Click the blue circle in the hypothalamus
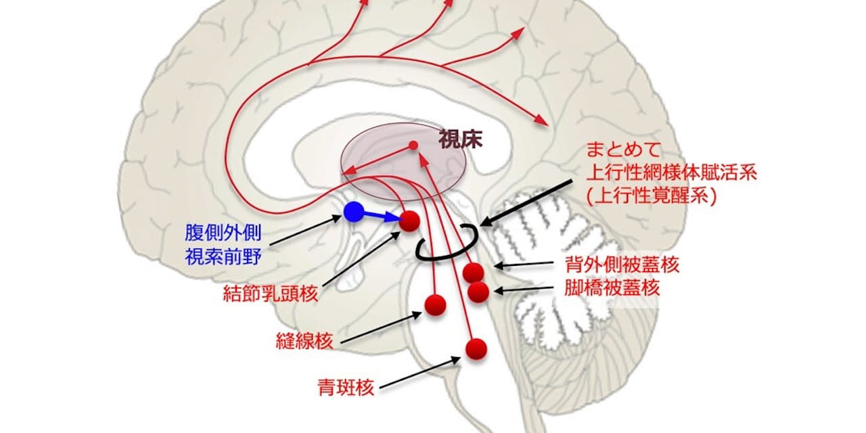353,212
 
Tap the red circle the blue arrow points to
409,221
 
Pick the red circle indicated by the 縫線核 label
435,304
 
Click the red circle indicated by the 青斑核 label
476,348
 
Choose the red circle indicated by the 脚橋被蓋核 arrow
478,292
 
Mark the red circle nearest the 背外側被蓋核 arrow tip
473,272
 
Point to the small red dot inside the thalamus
413,145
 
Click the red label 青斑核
346,387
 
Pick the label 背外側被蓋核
621,265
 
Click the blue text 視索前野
223,256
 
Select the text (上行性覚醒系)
651,196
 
